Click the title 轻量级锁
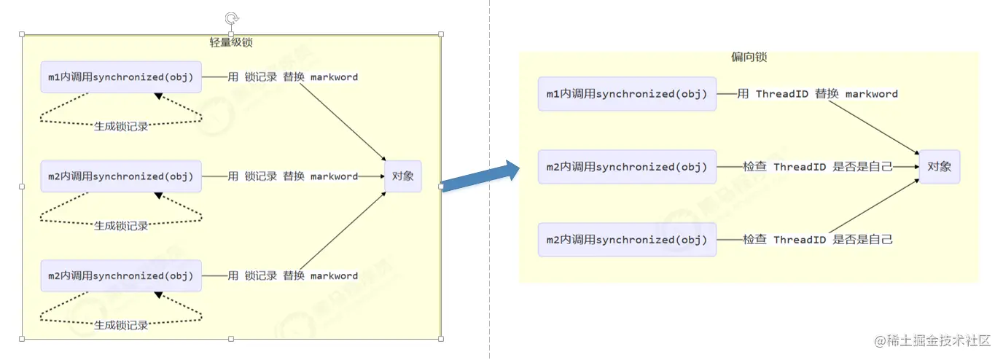pos(231,42)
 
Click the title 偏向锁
pos(749,57)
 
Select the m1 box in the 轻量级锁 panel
pos(121,77)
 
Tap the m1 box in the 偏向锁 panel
pos(627,94)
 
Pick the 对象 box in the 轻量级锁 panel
pos(402,176)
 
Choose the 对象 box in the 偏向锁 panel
pos(939,167)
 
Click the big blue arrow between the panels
pos(480,179)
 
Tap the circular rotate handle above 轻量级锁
pos(231,18)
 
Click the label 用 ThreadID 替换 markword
pos(817,94)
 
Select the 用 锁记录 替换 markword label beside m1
pos(292,77)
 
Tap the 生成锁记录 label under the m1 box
pos(121,126)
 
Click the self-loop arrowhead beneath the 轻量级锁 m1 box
pos(158,96)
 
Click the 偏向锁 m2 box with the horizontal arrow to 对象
pos(627,167)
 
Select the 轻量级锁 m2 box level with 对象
pos(121,176)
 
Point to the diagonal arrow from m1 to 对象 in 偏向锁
pos(873,125)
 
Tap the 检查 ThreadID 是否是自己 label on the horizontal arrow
pos(817,167)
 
